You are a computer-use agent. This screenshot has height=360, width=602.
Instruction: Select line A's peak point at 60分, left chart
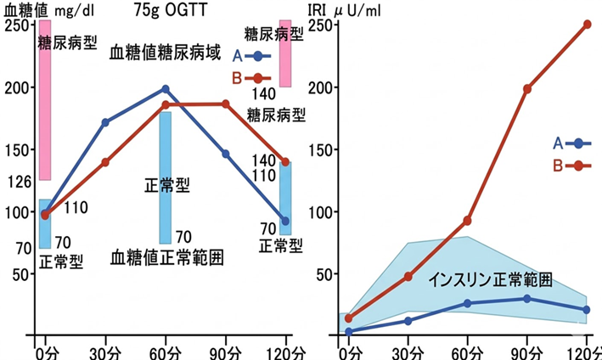click(x=166, y=88)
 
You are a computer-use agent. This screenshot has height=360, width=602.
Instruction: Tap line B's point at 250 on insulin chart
click(x=587, y=24)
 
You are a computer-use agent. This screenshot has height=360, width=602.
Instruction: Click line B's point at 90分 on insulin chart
click(x=527, y=88)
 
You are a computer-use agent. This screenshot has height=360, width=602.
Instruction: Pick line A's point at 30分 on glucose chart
click(x=105, y=122)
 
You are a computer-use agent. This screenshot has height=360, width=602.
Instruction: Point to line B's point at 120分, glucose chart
click(x=285, y=161)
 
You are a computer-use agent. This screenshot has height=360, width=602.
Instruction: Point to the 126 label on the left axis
click(x=17, y=180)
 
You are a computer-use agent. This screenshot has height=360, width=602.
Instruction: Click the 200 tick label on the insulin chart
click(x=321, y=87)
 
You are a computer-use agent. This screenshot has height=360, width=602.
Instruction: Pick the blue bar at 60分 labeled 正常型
click(x=166, y=177)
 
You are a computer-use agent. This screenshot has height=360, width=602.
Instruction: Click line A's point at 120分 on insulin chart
click(x=587, y=310)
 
